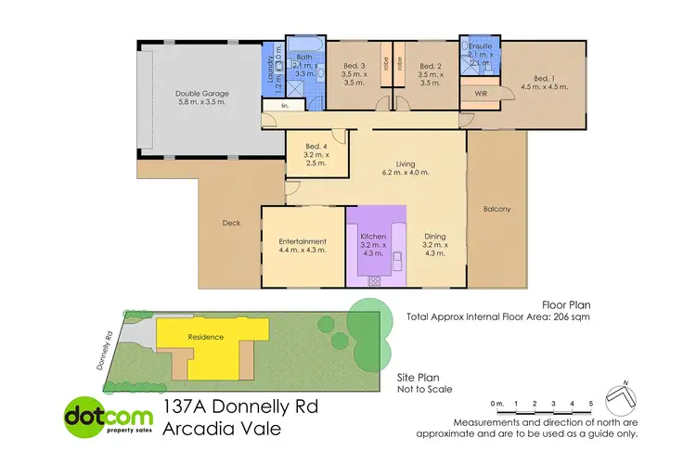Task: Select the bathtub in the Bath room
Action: tap(303, 45)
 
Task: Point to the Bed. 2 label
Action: tap(429, 66)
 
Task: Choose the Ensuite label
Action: tap(479, 46)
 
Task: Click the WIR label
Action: tap(481, 94)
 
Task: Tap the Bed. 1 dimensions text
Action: tap(545, 86)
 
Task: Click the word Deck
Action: tap(232, 223)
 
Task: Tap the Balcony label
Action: tap(496, 209)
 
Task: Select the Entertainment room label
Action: tap(303, 241)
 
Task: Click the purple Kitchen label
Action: tap(374, 237)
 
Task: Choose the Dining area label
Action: tap(434, 237)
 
